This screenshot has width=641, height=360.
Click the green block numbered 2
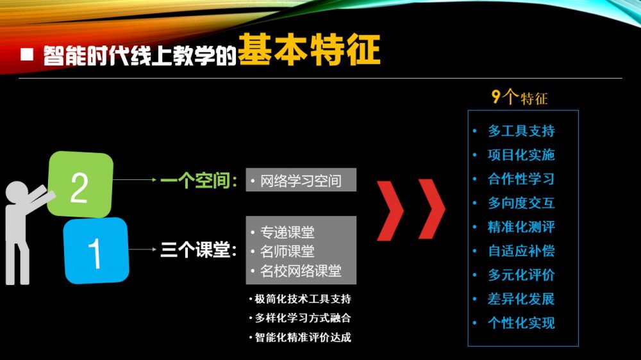[80, 184]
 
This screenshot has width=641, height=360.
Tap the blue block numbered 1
[97, 250]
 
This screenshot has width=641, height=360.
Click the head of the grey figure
[17, 193]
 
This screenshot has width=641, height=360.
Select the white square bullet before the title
[27, 54]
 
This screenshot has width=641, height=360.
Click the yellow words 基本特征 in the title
[309, 50]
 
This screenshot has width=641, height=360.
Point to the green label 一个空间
[199, 180]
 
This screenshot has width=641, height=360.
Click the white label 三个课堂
[199, 250]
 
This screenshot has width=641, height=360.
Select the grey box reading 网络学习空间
[301, 180]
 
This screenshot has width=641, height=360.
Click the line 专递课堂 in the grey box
[287, 232]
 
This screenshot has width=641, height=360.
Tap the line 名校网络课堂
[301, 270]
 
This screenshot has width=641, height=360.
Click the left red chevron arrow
[390, 209]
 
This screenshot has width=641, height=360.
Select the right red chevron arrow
[432, 209]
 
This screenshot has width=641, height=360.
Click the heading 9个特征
[519, 97]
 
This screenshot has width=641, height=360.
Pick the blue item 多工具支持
[521, 131]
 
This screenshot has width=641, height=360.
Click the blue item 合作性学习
[521, 179]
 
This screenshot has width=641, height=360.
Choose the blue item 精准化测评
[521, 227]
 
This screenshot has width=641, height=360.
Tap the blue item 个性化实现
[521, 323]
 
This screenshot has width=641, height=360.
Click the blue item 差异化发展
[521, 299]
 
